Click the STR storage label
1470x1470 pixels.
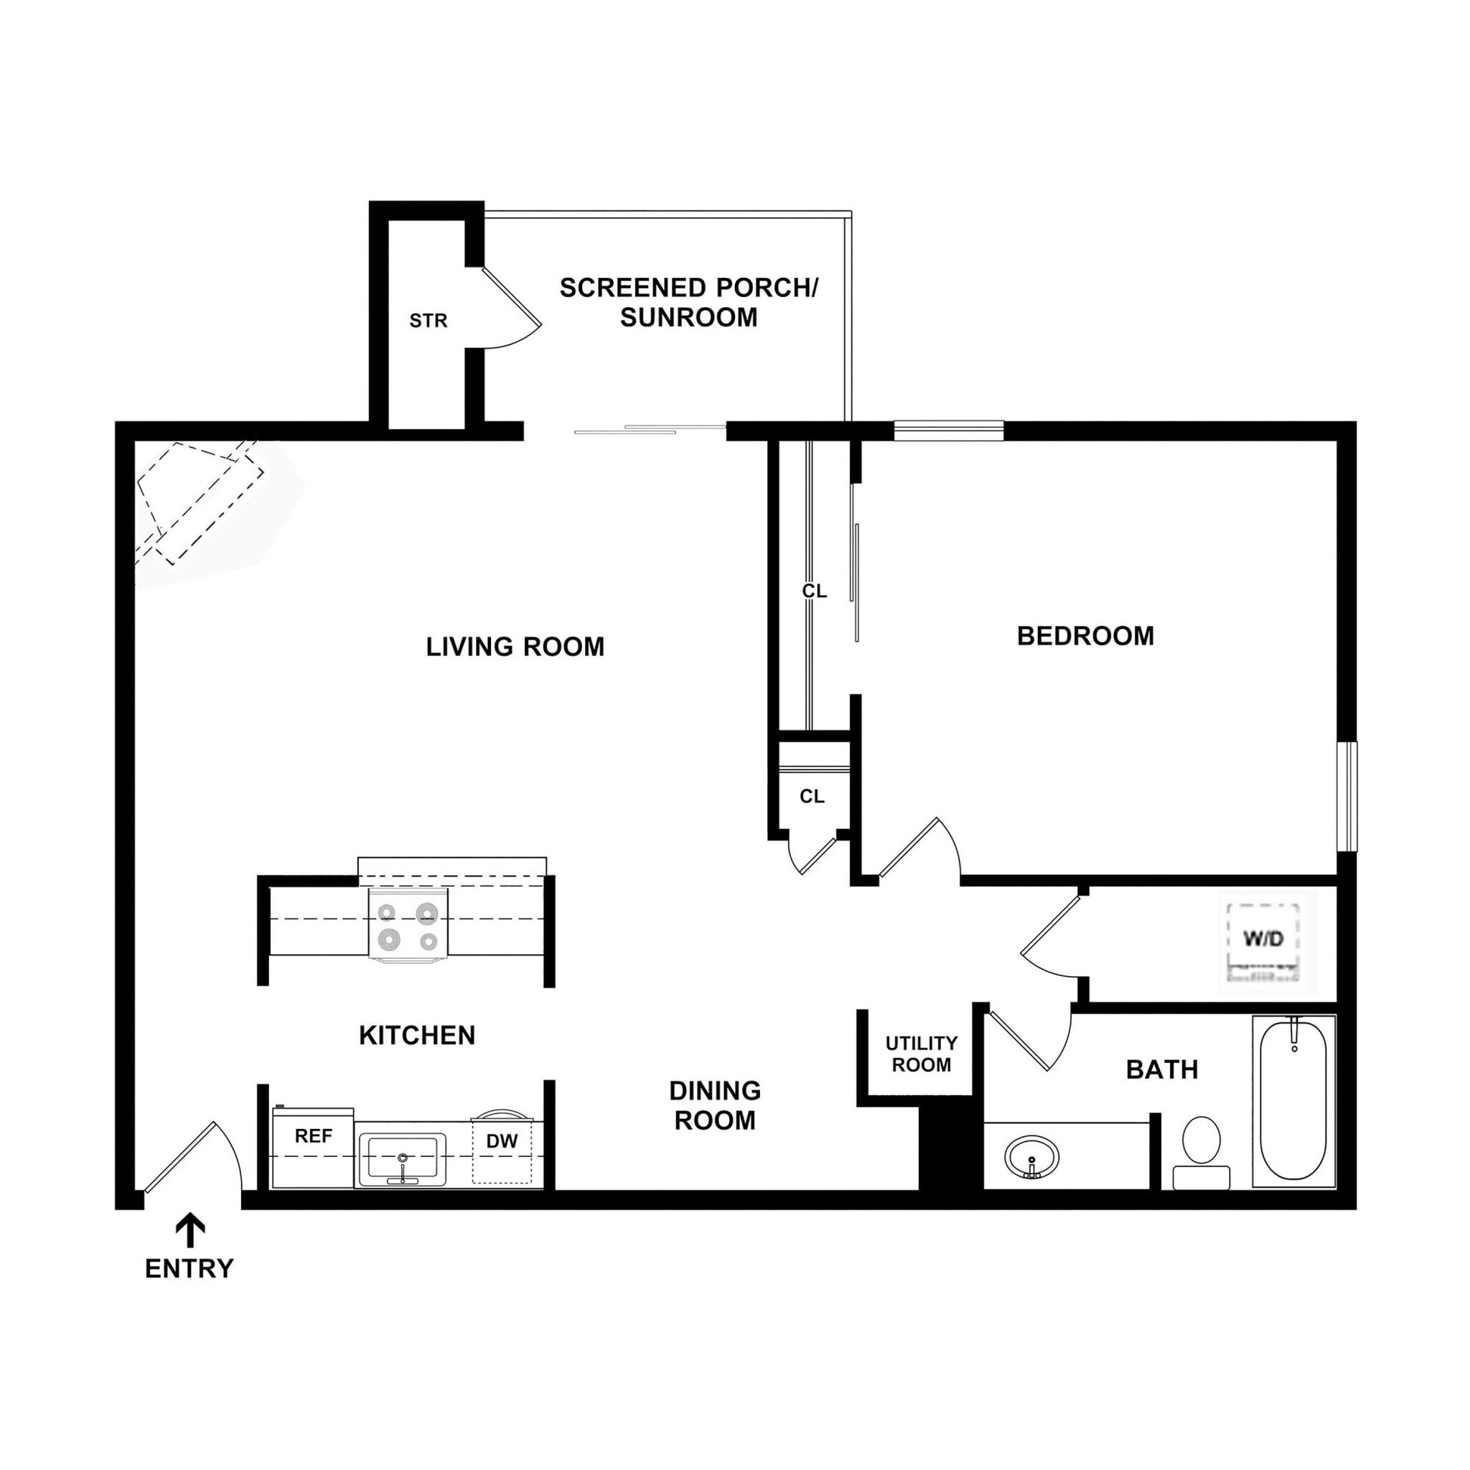[429, 321]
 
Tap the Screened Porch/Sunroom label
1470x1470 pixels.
[688, 302]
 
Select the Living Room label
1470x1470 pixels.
[515, 647]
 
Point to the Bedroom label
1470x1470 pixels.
[1086, 636]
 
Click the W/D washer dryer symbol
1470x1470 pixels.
[1263, 940]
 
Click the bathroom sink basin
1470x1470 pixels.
[1031, 1156]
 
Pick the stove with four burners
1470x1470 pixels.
[408, 927]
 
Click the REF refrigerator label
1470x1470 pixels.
[314, 1137]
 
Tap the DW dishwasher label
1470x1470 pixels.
[502, 1141]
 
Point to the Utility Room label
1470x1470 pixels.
[922, 1054]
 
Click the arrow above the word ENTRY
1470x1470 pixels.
[190, 1230]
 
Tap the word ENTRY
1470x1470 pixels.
[189, 1269]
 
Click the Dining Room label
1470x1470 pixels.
[715, 1105]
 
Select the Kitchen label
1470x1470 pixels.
[417, 1036]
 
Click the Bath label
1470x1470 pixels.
[1162, 1069]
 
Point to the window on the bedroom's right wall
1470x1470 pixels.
[1347, 797]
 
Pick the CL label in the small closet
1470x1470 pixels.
[812, 797]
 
